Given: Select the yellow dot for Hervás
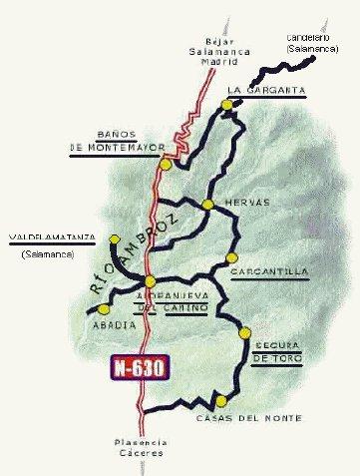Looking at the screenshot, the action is (x=207, y=205).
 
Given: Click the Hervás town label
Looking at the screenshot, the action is (x=248, y=202).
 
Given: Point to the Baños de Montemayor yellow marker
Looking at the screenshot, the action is (x=166, y=166).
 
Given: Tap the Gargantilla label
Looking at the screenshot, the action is (x=267, y=271).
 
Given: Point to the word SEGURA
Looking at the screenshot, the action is (x=274, y=339).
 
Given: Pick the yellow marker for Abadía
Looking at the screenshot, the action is (x=81, y=309).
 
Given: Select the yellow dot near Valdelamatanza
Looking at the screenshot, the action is (x=115, y=240).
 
